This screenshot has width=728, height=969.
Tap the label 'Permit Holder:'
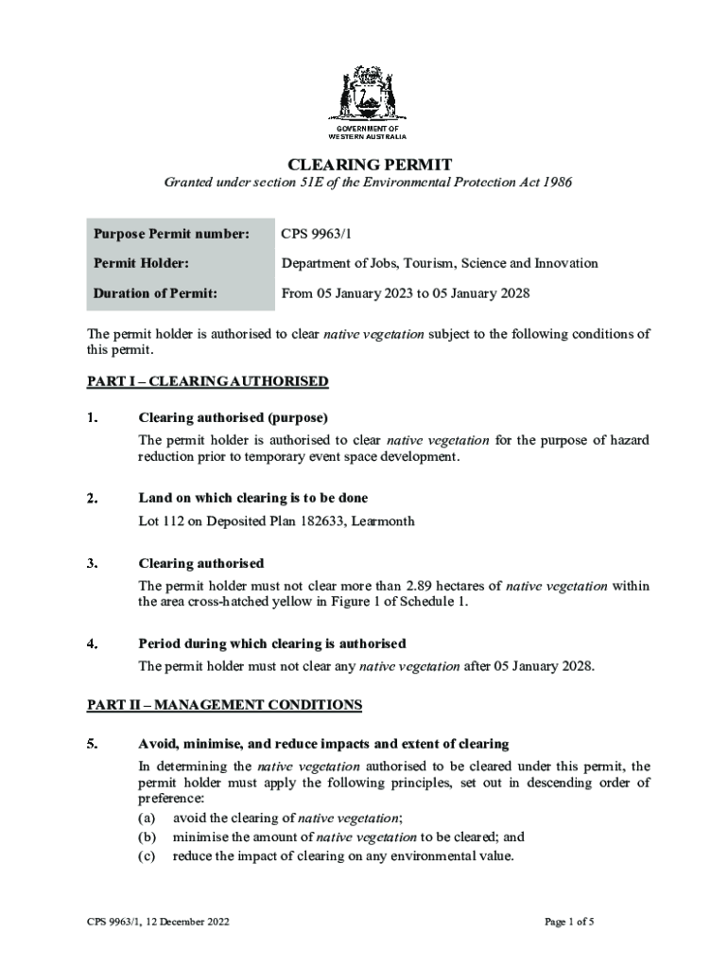141,263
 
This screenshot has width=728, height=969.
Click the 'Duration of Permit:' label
155,293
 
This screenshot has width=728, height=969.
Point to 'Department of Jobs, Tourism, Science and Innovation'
440,263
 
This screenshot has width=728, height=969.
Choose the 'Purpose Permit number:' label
171,233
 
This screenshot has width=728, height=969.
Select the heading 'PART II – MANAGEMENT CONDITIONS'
225,705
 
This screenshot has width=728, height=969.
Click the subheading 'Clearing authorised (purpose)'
233,417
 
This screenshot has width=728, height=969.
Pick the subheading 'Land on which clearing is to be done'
253,498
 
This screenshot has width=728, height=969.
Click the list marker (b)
147,837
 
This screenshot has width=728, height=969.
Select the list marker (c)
147,856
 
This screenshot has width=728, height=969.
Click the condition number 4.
93,643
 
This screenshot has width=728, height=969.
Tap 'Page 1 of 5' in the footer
569,921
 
